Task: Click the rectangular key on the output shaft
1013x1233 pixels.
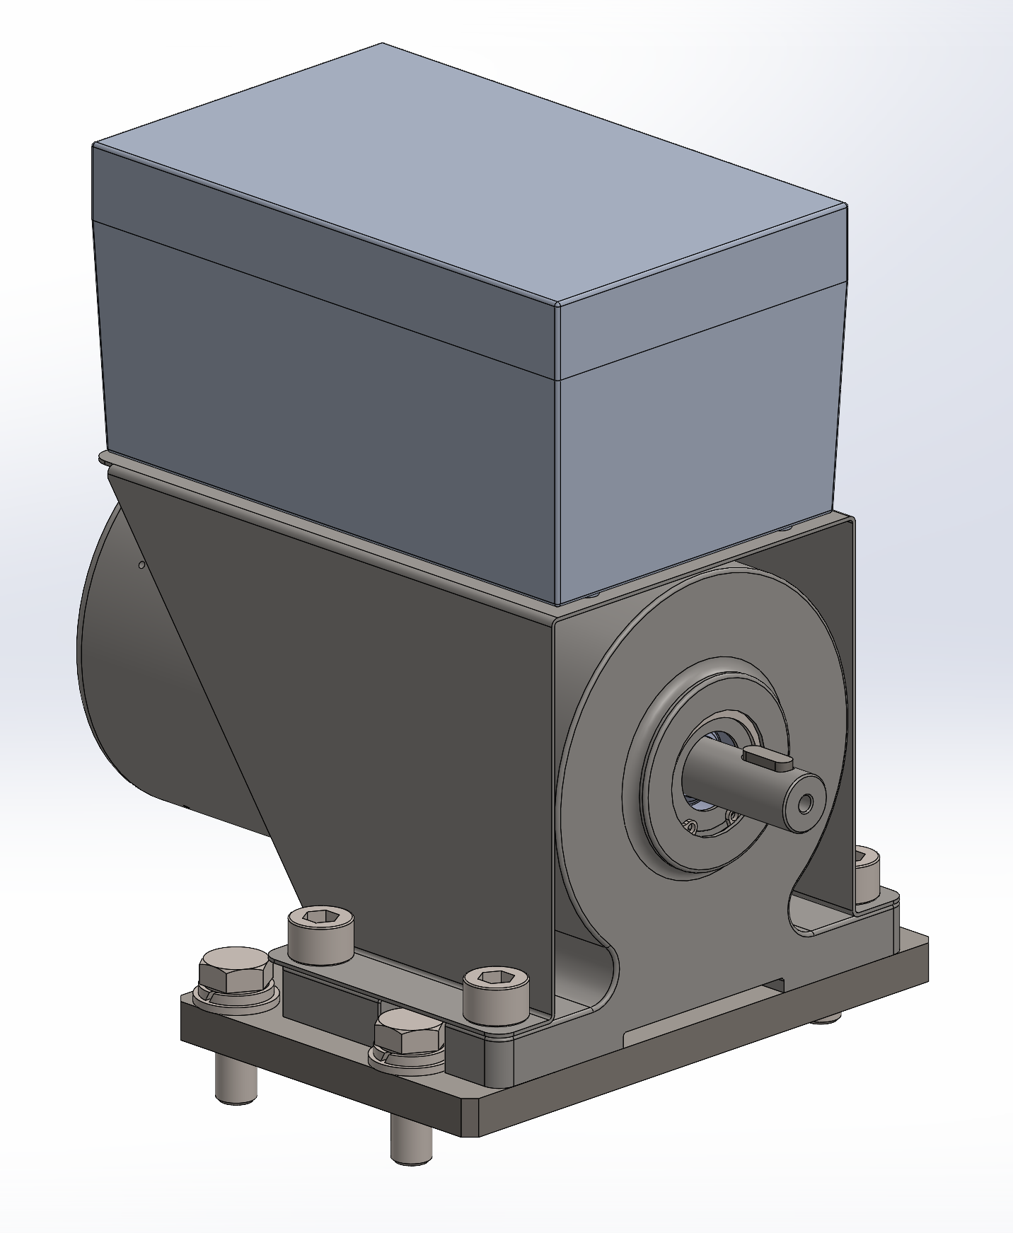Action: tap(768, 758)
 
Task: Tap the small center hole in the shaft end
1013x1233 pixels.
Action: tap(805, 804)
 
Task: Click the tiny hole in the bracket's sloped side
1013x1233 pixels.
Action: tap(141, 565)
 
